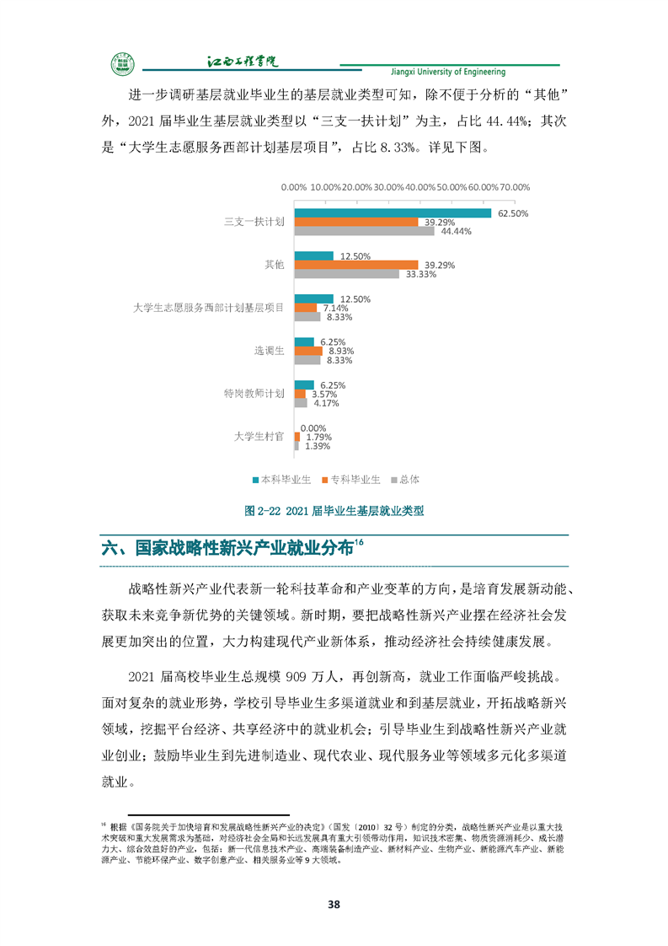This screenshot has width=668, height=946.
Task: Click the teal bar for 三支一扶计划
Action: click(x=392, y=212)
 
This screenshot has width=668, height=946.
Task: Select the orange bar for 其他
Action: click(x=355, y=265)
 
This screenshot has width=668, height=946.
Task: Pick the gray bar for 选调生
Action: click(x=307, y=360)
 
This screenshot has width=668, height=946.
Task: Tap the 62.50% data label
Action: click(x=512, y=213)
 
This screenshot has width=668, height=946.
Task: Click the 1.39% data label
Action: click(x=318, y=446)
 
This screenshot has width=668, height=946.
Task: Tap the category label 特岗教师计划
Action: click(x=254, y=394)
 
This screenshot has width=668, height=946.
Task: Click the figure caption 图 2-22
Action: click(x=334, y=510)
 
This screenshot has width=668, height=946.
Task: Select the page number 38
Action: click(x=334, y=905)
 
